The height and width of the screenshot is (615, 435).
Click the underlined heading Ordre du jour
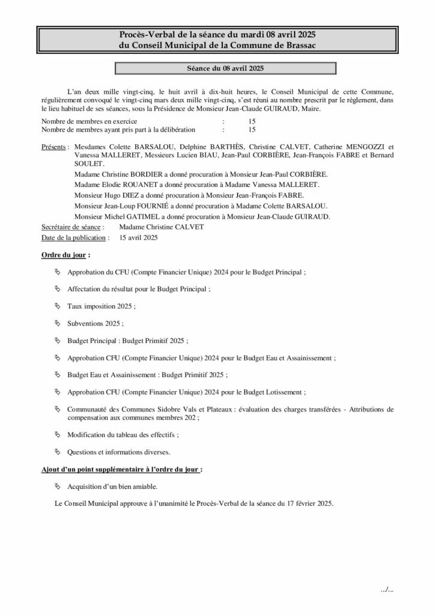[x=65, y=255]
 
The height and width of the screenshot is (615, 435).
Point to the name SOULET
[x=88, y=163]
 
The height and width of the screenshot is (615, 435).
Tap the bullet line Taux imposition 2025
[x=101, y=306]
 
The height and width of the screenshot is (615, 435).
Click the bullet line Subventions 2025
[x=96, y=324]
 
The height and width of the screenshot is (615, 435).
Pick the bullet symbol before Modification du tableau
[x=58, y=434]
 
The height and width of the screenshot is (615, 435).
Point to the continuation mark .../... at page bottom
[x=387, y=589]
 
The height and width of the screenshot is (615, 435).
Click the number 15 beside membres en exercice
[x=251, y=122]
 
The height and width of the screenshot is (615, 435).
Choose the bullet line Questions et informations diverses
[x=118, y=452]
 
